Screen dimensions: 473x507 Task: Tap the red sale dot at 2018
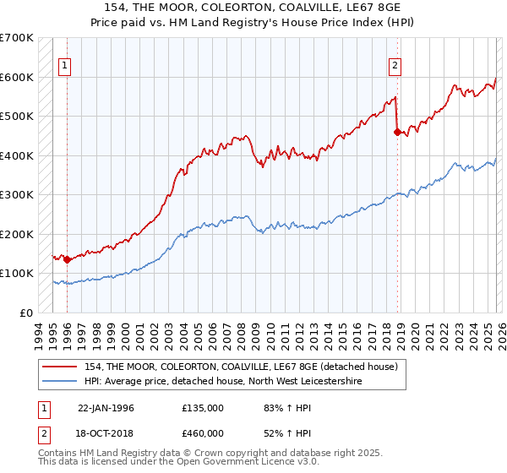[x=397, y=131]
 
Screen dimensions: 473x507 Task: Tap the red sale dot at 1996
[x=68, y=259]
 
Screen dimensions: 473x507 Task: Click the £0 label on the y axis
[x=26, y=313]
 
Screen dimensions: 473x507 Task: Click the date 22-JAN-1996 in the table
[x=106, y=408]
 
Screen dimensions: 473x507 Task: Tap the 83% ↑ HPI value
[x=276, y=408]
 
